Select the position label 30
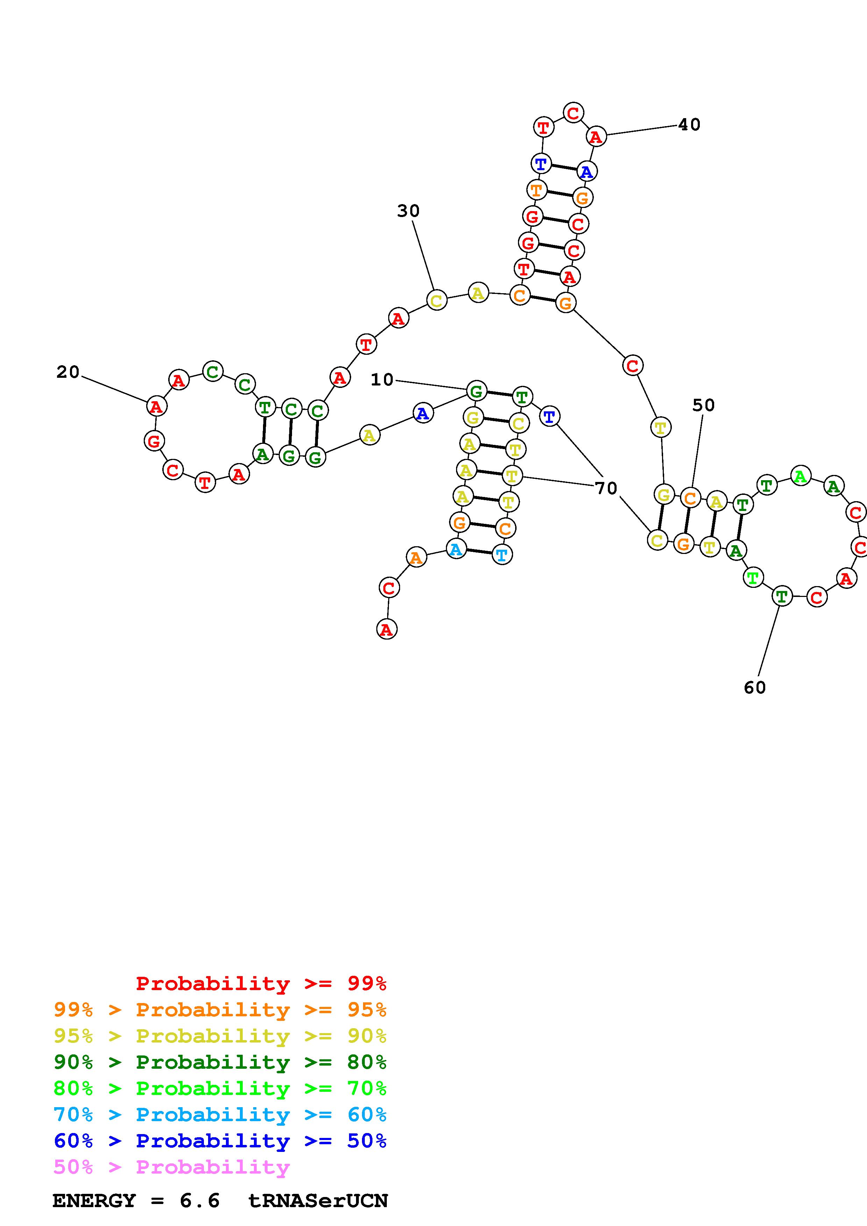[x=408, y=211]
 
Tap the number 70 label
[x=606, y=488]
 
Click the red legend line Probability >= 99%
[x=261, y=983]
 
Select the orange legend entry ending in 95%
[x=220, y=1009]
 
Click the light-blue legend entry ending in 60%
[x=220, y=1115]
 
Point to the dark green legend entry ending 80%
[x=220, y=1062]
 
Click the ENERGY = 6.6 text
[x=136, y=1201]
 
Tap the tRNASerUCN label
[x=318, y=1201]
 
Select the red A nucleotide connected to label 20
[x=156, y=406]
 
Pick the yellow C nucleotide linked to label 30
[x=436, y=300]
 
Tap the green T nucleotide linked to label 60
[x=782, y=596]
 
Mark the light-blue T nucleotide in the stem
[x=502, y=554]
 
